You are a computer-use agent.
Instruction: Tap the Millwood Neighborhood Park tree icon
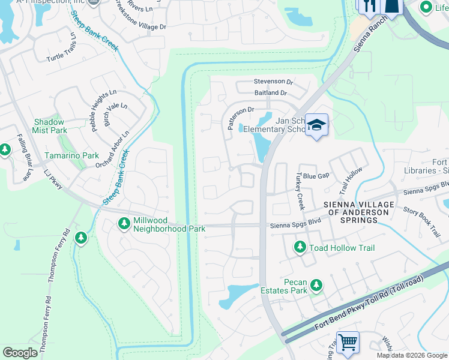pos(124,223)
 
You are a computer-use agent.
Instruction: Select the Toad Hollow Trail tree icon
pos(300,247)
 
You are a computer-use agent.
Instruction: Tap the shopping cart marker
pos(348,343)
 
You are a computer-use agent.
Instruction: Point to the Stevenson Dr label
pos(273,81)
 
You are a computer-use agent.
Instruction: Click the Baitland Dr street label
pos(271,93)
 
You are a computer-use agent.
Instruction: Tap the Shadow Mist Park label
pos(50,126)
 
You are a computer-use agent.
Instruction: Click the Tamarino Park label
pos(71,155)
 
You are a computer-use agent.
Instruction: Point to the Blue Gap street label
pos(316,176)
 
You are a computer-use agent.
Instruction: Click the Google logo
pos(20,353)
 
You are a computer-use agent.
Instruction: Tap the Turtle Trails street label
pos(61,50)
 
